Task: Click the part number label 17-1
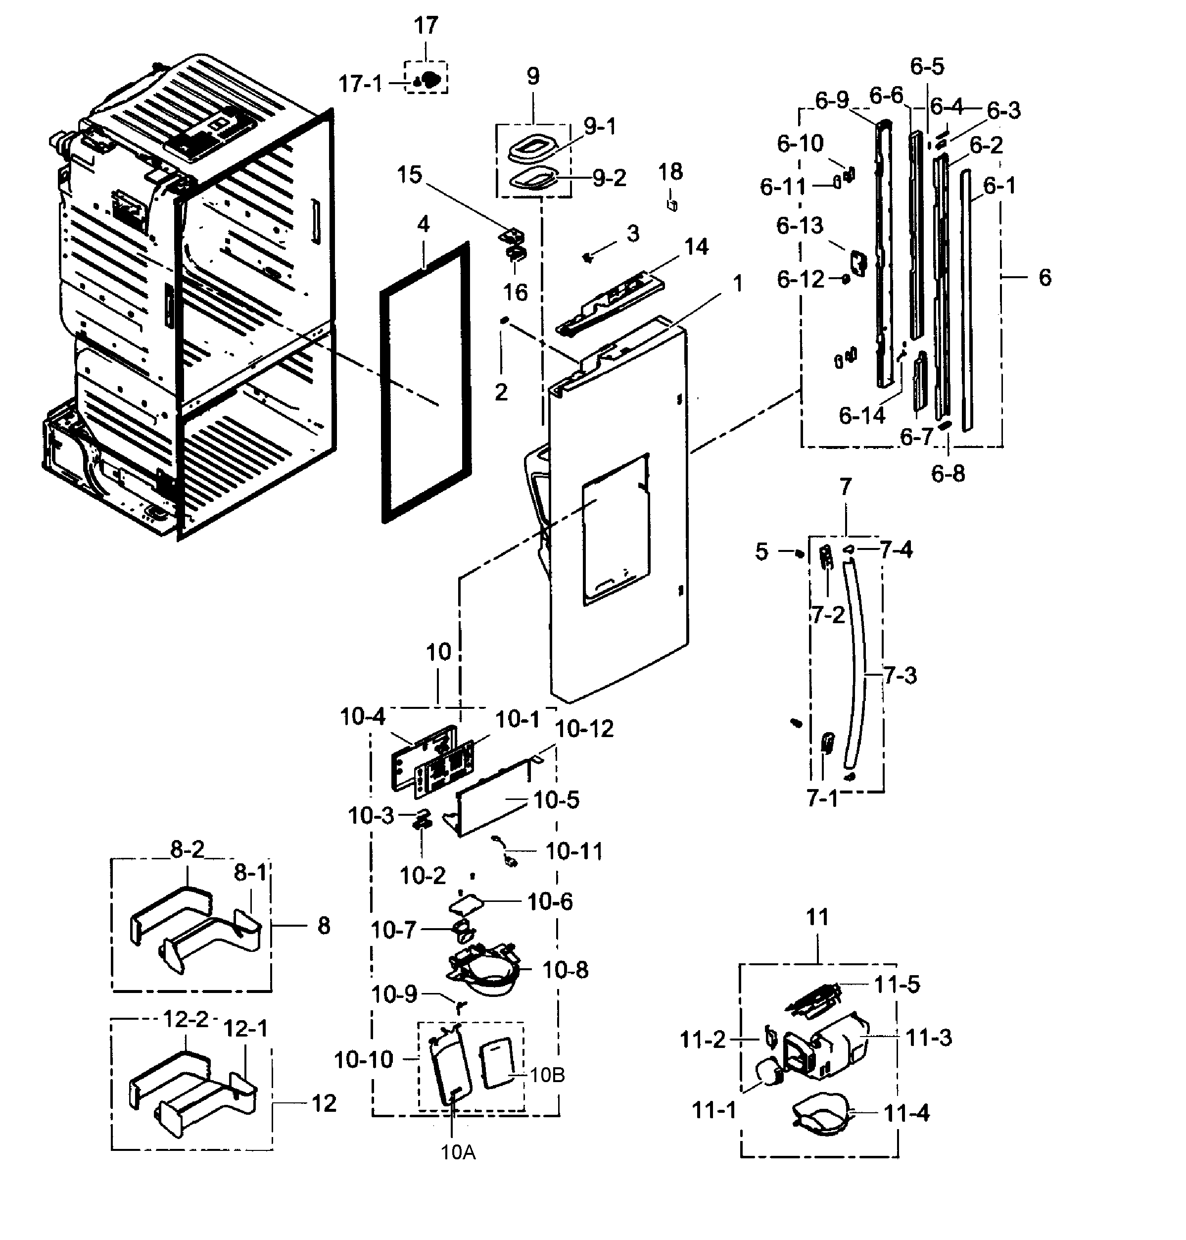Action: [360, 84]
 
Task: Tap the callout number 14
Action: [696, 247]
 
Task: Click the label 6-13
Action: [800, 226]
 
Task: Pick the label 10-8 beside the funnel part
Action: [565, 970]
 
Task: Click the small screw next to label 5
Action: [799, 554]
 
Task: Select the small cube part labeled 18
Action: [672, 205]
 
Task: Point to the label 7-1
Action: [822, 798]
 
